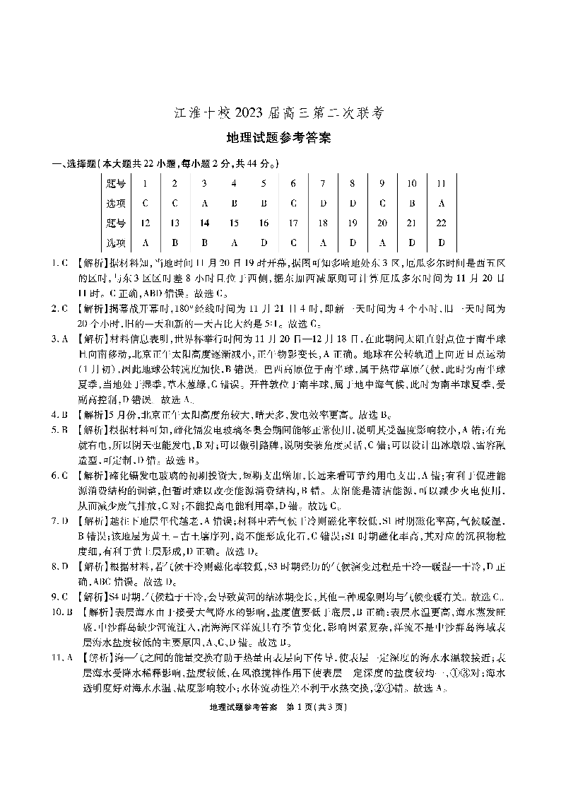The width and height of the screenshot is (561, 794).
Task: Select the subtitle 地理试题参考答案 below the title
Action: click(280, 138)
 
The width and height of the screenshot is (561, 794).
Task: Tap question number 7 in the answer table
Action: click(322, 183)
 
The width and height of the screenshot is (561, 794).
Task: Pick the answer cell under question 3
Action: click(204, 204)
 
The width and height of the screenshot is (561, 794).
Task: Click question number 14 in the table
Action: click(204, 223)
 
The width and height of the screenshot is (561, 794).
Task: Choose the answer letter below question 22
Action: click(441, 243)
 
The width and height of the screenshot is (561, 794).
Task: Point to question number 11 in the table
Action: click(441, 183)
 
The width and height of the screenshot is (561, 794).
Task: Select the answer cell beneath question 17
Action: click(293, 243)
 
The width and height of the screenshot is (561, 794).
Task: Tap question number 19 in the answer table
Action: click(352, 223)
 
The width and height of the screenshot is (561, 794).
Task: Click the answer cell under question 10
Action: click(411, 204)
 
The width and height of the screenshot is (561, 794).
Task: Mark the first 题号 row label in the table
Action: click(115, 183)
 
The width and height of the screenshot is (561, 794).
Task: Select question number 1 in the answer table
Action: click(145, 183)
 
